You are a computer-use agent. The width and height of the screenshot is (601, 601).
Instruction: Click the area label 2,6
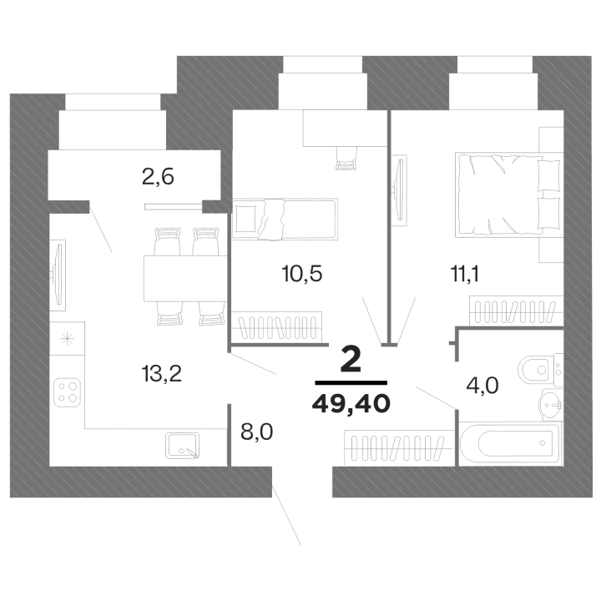(157, 177)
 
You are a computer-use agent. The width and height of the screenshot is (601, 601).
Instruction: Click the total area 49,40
(351, 405)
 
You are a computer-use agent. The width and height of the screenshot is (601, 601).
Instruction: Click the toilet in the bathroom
(536, 367)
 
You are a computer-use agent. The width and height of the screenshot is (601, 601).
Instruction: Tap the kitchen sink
(183, 446)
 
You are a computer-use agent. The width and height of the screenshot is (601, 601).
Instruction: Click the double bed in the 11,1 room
(506, 194)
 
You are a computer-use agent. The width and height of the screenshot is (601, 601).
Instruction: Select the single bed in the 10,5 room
(284, 219)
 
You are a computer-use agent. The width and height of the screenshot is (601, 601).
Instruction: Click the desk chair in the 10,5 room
(345, 157)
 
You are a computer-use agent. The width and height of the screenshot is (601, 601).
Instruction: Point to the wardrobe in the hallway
(392, 447)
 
